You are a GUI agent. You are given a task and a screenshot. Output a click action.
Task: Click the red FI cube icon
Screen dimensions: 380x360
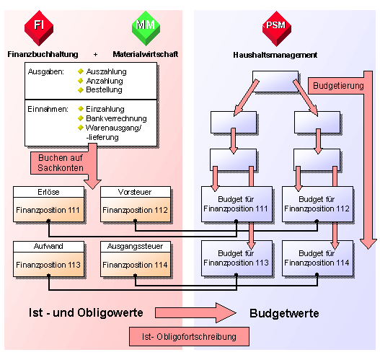click(x=39, y=28)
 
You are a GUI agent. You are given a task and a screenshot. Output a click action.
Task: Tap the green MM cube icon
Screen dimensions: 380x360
click(x=146, y=28)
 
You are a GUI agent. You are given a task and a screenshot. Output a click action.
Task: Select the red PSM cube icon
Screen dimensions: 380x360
click(x=276, y=29)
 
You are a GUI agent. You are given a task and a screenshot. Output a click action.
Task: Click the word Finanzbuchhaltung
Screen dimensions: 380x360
click(x=43, y=54)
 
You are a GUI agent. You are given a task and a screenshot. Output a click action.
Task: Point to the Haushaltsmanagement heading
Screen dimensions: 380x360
click(x=275, y=55)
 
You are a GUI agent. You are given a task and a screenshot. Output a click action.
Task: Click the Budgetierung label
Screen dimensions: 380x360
click(x=338, y=86)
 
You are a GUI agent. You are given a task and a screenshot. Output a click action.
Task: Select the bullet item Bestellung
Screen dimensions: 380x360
click(x=104, y=89)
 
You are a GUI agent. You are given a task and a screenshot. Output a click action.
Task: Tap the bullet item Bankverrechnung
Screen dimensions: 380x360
click(x=116, y=118)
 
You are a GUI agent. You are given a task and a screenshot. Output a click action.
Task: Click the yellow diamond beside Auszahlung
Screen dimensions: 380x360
click(x=81, y=71)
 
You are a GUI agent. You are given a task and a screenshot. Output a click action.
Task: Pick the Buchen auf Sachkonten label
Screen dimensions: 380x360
click(x=61, y=162)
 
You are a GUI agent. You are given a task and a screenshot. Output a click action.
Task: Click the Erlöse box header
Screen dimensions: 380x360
click(x=48, y=192)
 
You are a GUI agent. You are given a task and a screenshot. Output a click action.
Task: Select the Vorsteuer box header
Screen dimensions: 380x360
click(x=136, y=192)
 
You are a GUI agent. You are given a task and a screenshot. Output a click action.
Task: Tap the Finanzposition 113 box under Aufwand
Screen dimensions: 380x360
click(x=48, y=265)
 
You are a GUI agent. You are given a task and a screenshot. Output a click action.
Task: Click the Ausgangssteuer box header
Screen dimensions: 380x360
click(x=136, y=246)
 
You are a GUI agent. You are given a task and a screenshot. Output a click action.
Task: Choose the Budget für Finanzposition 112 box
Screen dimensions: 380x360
click(x=317, y=204)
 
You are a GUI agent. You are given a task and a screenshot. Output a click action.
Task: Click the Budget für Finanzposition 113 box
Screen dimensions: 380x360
click(x=237, y=258)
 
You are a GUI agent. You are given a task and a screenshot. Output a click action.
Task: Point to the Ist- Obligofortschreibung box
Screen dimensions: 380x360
click(x=189, y=336)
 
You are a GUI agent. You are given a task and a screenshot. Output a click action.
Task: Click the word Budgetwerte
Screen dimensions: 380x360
click(x=284, y=313)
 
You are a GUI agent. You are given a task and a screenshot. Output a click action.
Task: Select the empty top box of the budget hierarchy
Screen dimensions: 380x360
click(x=275, y=81)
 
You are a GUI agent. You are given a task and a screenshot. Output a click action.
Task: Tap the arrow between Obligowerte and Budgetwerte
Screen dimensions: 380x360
click(x=195, y=312)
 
